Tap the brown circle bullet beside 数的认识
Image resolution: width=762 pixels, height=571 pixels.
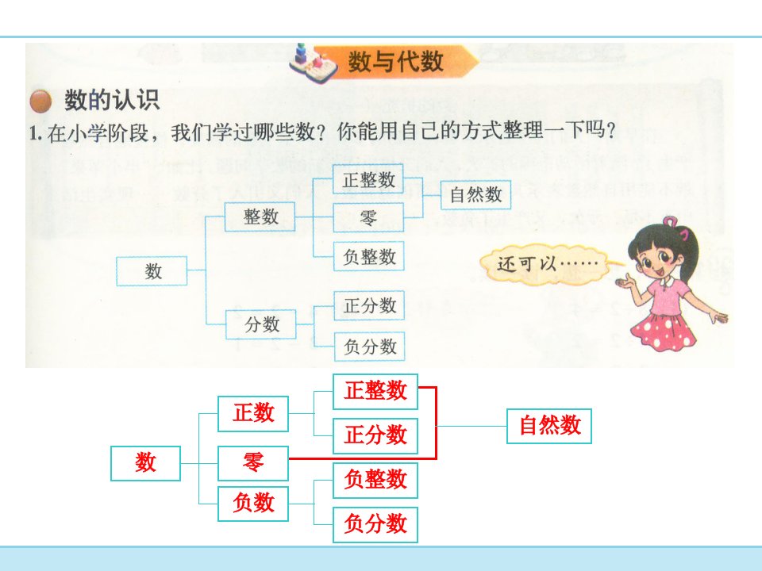pyautogui.click(x=40, y=101)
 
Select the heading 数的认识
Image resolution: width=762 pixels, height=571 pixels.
pyautogui.click(x=112, y=100)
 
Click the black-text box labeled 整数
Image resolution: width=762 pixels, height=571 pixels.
pyautogui.click(x=260, y=217)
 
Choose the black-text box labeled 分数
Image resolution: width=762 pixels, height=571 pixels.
pyautogui.click(x=261, y=324)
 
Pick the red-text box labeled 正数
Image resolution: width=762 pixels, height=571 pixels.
pyautogui.click(x=253, y=414)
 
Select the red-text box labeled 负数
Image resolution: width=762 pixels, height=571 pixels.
pyautogui.click(x=253, y=504)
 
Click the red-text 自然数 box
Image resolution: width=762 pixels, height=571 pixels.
pyautogui.click(x=549, y=426)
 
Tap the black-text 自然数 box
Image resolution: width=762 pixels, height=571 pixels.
pyautogui.click(x=475, y=195)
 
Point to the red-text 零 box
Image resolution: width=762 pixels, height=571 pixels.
pyautogui.click(x=253, y=463)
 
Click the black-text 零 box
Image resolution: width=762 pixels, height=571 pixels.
pyautogui.click(x=368, y=217)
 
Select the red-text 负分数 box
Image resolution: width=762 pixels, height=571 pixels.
pyautogui.click(x=375, y=524)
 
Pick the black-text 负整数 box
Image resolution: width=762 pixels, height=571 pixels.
pyautogui.click(x=369, y=256)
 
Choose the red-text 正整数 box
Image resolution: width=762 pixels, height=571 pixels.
pyautogui.click(x=375, y=391)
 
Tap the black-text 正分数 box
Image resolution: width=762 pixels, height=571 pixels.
pyautogui.click(x=369, y=305)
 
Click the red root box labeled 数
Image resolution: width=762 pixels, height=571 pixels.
pyautogui.click(x=146, y=463)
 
